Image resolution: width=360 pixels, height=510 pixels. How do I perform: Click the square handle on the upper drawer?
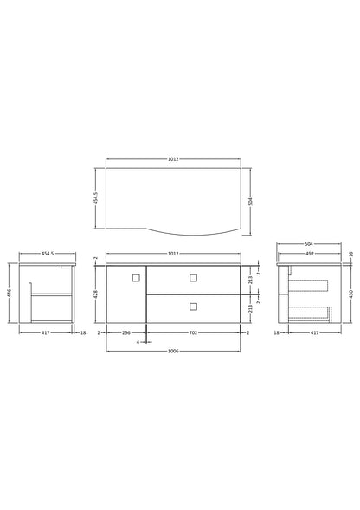[192, 277]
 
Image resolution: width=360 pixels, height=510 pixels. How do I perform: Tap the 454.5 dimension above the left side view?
[48, 254]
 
